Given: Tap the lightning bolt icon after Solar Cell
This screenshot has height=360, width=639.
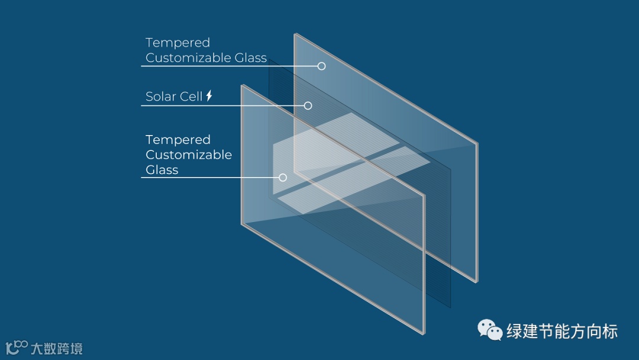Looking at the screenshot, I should [209, 96].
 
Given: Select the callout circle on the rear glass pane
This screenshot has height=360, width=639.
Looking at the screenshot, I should [321, 66].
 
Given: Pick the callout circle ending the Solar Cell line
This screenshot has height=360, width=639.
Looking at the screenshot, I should [308, 105].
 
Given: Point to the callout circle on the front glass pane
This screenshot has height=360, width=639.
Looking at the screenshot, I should [283, 177].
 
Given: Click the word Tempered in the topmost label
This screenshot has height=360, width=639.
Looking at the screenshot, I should [177, 43].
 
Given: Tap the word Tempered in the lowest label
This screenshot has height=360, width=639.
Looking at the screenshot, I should [177, 140].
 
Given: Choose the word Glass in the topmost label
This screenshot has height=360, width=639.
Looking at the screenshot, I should [251, 58].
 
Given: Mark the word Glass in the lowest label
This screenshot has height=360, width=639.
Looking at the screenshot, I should [162, 170].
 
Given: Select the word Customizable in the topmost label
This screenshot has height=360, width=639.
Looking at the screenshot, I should [188, 58].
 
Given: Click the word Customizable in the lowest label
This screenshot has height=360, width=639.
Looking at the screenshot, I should [188, 155].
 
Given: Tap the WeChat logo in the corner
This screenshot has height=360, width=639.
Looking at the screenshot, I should [490, 330].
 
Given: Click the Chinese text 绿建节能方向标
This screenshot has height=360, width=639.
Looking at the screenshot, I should [561, 331].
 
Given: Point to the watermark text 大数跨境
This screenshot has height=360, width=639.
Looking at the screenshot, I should [56, 348].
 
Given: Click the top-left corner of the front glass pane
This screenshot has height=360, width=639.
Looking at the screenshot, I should [243, 86].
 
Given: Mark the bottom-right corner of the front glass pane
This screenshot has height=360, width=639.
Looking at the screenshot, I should [424, 333].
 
